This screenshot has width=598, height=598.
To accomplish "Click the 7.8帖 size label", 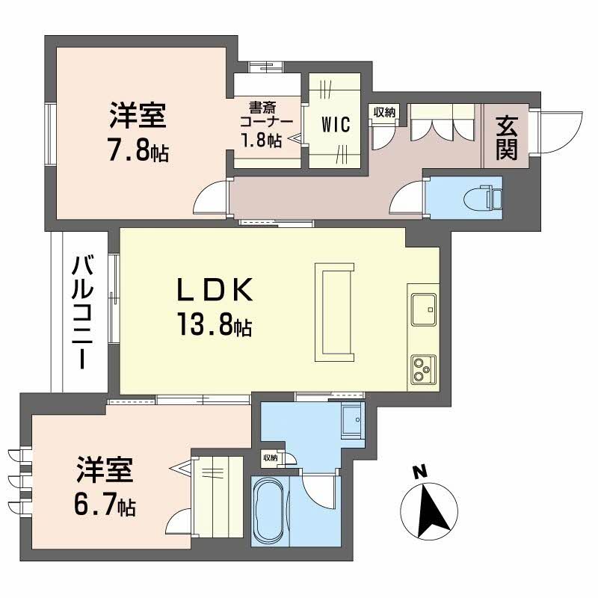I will (138, 152).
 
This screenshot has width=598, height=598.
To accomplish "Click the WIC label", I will (336, 125).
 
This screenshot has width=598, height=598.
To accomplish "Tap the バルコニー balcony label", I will (83, 312).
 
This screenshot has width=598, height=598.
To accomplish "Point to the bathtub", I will (268, 511).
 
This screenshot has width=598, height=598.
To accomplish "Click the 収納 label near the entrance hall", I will (384, 112).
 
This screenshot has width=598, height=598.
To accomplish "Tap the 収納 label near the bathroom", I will (269, 457).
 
